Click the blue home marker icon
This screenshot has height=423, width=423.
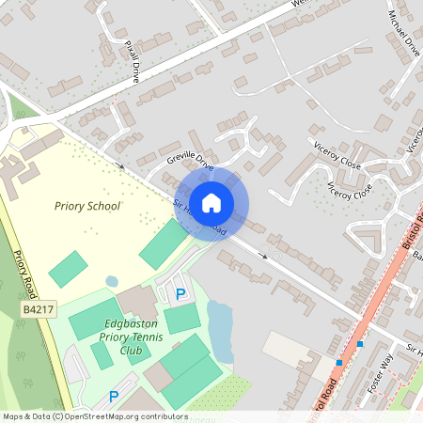(211, 202)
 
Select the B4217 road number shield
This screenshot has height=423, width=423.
(39, 308)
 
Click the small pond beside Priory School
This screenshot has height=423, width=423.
(112, 281)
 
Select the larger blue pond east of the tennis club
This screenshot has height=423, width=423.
(219, 329)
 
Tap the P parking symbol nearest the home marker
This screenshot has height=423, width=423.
(180, 295)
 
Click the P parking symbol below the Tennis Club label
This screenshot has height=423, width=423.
(115, 397)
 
